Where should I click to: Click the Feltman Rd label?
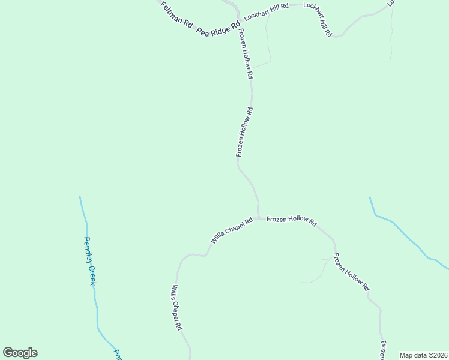coord(176,15)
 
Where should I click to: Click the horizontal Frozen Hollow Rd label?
coord(291,220)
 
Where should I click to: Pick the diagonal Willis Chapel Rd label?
coord(231,230)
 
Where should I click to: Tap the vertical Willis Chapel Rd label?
coord(175,308)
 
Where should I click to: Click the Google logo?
coord(20,353)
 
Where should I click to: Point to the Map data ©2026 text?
coord(423,355)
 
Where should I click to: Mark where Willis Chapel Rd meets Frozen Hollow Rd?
coord(258,218)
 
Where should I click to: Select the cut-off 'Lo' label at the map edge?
coord(391,3)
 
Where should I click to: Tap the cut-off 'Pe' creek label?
coord(118,355)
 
